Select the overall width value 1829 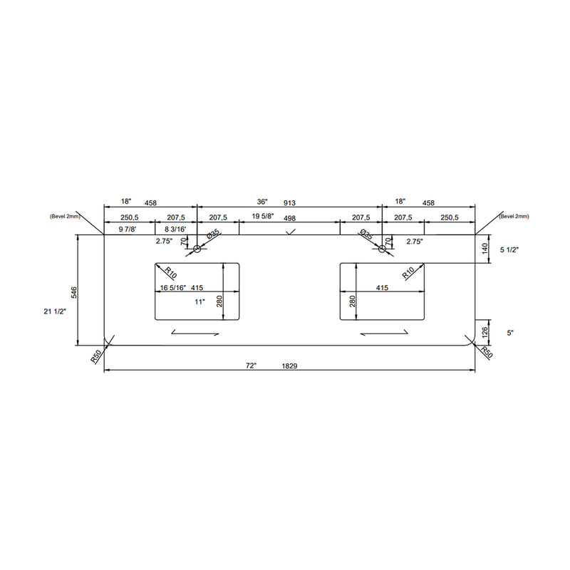click(x=289, y=366)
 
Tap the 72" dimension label click(x=252, y=366)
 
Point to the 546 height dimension click(x=74, y=292)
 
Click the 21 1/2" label click(x=55, y=311)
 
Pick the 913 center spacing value click(x=289, y=203)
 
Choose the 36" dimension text click(x=262, y=202)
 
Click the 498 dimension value click(x=289, y=218)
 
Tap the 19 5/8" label click(x=263, y=217)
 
